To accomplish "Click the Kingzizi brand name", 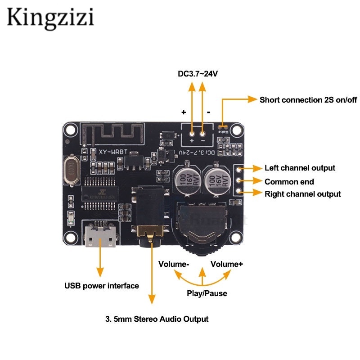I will pyautogui.click(x=50, y=18).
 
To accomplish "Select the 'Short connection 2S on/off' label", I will pyautogui.click(x=308, y=99).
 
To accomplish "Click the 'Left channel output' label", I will pyautogui.click(x=300, y=168).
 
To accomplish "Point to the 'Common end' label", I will pyautogui.click(x=289, y=182).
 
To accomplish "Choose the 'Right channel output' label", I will pyautogui.click(x=302, y=194).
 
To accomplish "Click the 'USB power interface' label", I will pyautogui.click(x=102, y=286).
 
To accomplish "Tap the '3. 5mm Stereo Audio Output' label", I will pyautogui.click(x=157, y=319).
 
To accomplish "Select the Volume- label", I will pyautogui.click(x=173, y=264).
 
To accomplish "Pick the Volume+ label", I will pyautogui.click(x=227, y=264).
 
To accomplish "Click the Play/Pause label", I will pyautogui.click(x=207, y=293).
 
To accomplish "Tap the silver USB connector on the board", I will pyautogui.click(x=100, y=238).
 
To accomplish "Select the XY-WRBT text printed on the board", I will pyautogui.click(x=106, y=153).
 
